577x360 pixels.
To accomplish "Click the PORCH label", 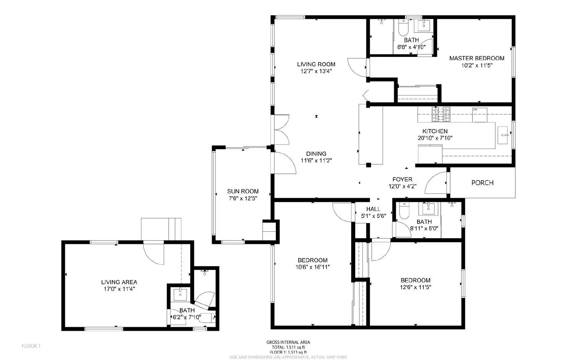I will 482,183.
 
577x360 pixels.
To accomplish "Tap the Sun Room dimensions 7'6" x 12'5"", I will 243,199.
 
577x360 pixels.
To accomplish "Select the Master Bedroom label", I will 476,58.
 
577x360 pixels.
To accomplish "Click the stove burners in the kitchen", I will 441,114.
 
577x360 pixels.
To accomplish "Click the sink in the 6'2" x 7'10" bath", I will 179,294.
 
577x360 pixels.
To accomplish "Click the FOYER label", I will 402,179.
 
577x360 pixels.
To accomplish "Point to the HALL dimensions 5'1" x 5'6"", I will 374,216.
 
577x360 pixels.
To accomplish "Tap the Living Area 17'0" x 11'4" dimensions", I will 119,289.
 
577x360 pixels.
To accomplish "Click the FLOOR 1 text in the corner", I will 31,346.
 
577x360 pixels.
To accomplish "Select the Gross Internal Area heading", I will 288,342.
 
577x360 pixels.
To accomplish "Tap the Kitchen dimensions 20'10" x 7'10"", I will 435,138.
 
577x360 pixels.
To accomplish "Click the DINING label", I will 316,154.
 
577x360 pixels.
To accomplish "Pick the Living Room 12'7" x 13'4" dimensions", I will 316,71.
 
